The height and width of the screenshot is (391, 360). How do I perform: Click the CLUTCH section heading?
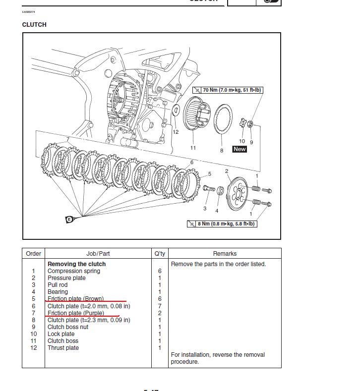point(34,25)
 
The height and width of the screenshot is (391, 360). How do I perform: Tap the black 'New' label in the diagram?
point(240,149)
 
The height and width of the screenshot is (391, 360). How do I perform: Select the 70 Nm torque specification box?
point(228,90)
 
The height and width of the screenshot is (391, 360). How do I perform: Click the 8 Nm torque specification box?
point(222,224)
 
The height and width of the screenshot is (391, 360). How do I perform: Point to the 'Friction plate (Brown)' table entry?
point(75,299)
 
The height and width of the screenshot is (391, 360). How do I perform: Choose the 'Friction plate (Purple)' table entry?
point(76,313)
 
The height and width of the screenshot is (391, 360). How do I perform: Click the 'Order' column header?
point(33,254)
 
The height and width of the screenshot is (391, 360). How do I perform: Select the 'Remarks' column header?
point(225,254)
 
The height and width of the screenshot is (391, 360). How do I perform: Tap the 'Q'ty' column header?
point(160,254)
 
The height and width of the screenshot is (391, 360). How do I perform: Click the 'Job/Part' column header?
point(98,254)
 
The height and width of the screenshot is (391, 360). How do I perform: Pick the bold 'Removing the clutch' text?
point(76,264)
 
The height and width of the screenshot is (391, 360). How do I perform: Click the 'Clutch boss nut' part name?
point(68,327)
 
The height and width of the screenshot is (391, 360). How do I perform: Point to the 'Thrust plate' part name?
point(63,348)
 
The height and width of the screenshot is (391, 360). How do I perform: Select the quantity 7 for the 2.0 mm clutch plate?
point(160,306)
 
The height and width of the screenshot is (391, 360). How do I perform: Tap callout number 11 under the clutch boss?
point(193,148)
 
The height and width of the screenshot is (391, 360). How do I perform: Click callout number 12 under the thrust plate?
point(176,132)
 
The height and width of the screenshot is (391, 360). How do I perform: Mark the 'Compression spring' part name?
point(73,271)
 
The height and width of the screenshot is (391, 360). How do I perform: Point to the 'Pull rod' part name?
point(58,285)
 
